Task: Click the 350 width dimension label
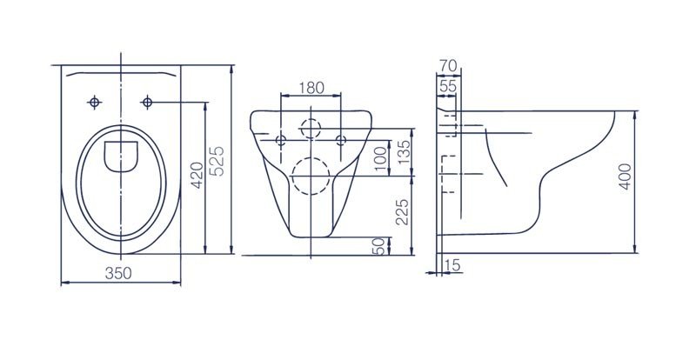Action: (118, 273)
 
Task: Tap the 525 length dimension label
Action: (217, 160)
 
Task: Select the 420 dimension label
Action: (197, 175)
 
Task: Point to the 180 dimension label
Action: (311, 88)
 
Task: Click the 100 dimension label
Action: (380, 159)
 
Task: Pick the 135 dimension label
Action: (404, 152)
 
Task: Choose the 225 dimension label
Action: (402, 211)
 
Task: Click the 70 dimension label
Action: (447, 66)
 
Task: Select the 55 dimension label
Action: (448, 86)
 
